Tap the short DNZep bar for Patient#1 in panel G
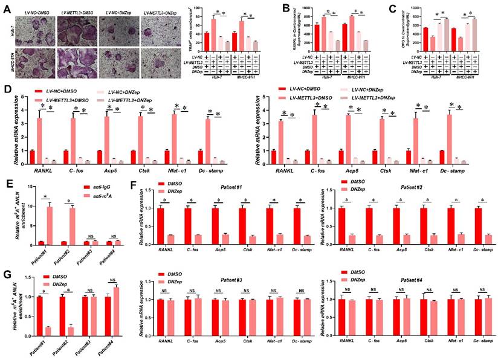tap(47, 332)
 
